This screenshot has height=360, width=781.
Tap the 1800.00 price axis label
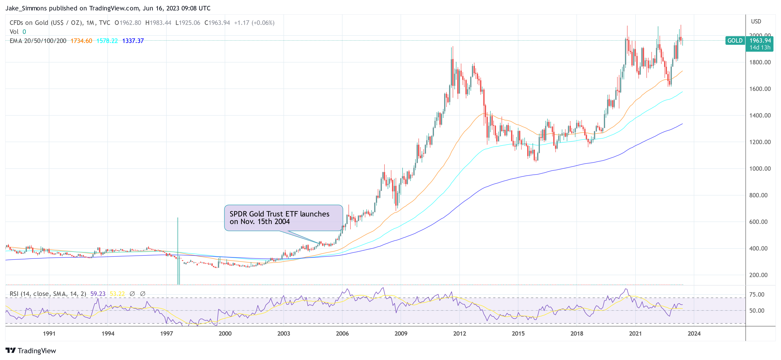point(759,62)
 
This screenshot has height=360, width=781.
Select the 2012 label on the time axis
point(459,334)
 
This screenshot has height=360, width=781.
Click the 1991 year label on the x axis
point(49,334)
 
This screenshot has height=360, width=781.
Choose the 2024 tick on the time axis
point(694,334)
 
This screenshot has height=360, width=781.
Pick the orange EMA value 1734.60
point(81,41)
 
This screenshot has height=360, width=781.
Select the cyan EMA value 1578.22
point(107,41)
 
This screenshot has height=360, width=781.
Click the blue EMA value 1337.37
point(133,41)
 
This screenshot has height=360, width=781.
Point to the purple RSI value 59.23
point(98,294)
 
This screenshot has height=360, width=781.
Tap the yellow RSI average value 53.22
point(117,294)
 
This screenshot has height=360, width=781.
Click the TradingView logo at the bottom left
point(31,351)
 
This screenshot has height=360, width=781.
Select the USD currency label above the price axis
point(756,22)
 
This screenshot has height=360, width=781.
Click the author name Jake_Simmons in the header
point(26,8)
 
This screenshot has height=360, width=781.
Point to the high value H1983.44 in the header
point(158,23)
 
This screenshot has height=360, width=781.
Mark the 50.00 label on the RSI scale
point(756,310)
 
